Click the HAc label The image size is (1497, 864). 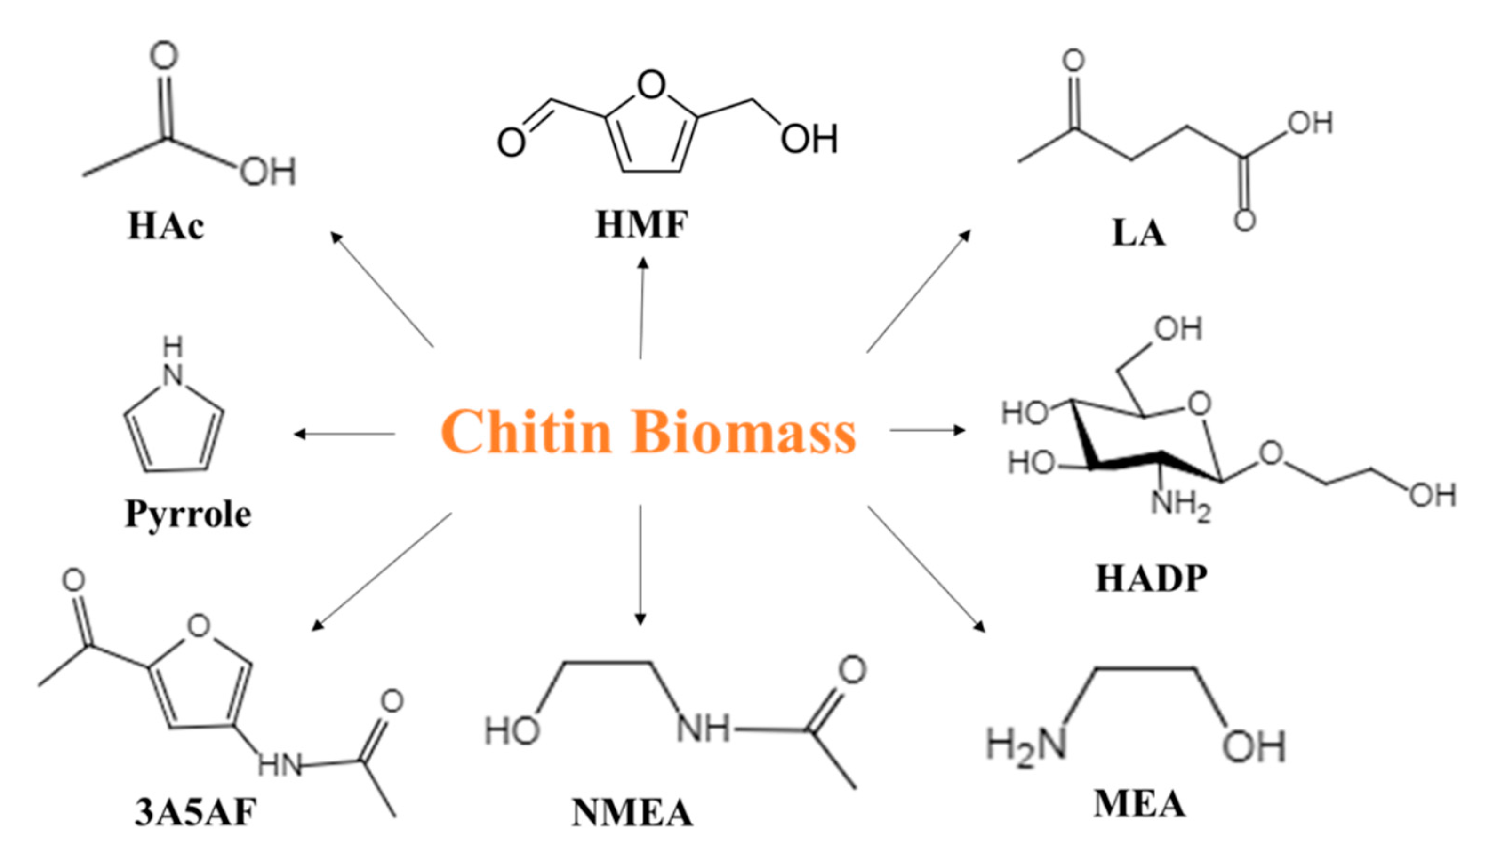point(166,227)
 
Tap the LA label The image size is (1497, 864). point(1138,233)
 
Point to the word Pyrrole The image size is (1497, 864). point(188,515)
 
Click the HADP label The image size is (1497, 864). point(1151,579)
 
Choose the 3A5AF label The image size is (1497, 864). point(195,812)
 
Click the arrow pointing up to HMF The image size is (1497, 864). point(641,309)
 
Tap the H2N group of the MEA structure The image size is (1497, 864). point(1026,746)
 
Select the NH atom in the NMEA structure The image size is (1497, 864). point(704,728)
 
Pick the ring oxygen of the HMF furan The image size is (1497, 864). point(651,85)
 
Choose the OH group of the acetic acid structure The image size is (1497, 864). point(268,172)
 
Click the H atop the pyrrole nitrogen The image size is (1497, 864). point(173,347)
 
